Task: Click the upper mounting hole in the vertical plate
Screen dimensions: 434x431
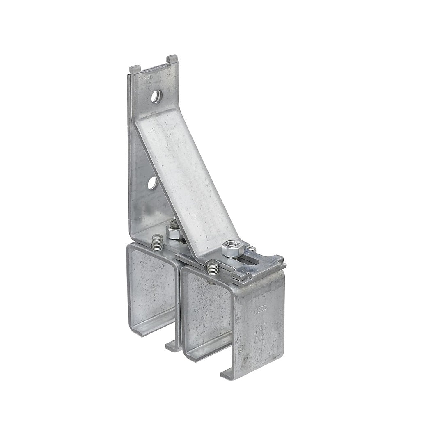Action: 156,96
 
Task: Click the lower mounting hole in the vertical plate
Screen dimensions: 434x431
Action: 152,183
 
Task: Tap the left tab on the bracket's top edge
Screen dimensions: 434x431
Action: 135,69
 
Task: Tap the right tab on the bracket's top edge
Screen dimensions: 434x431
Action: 172,59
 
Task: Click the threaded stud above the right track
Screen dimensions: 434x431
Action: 212,268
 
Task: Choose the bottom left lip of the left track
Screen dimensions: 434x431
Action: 140,330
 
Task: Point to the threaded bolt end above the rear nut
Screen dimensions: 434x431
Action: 174,224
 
